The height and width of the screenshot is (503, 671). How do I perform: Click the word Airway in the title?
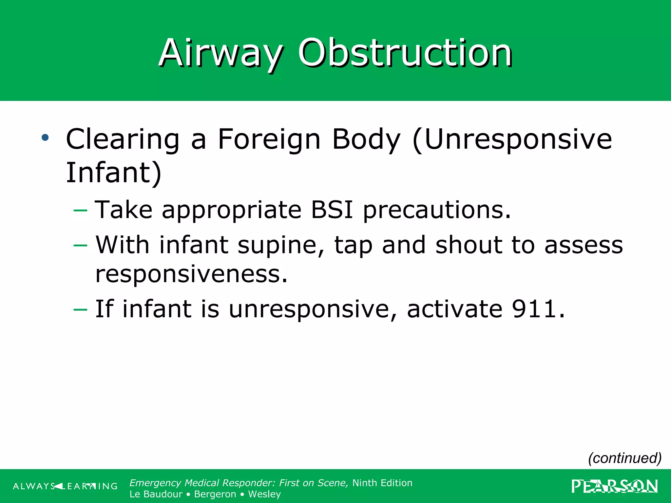tap(220, 53)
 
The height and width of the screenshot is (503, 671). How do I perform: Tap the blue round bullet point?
tap(45, 138)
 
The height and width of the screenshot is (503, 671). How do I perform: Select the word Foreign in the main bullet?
tap(269, 140)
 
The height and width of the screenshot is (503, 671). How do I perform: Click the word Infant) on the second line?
tap(113, 173)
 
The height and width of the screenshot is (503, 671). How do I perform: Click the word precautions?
tap(436, 210)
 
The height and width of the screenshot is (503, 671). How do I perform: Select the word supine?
tap(281, 246)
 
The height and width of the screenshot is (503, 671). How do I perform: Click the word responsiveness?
tap(191, 274)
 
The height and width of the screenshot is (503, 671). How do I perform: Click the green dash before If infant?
tap(81, 309)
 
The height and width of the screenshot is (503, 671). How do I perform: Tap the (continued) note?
tap(624, 458)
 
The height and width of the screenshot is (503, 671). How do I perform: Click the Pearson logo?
tap(614, 486)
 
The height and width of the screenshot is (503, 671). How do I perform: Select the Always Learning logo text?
tap(65, 486)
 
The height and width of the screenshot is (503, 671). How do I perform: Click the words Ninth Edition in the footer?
tap(382, 483)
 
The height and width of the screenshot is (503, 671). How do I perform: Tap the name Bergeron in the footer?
tap(215, 494)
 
